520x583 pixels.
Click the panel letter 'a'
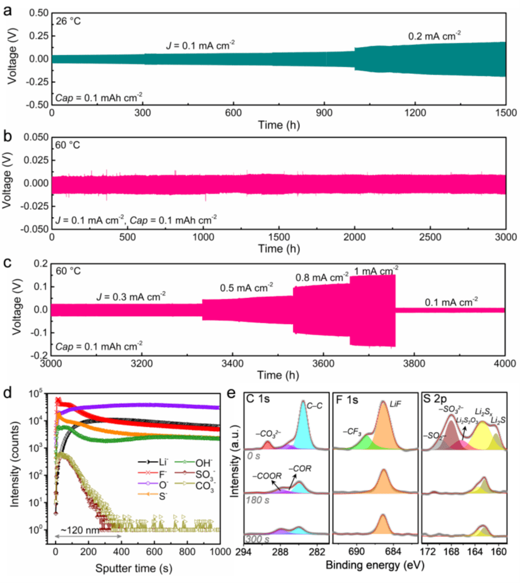tap(8, 8)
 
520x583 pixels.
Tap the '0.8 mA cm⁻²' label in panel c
tap(322, 277)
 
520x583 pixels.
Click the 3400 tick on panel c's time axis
tap(233, 364)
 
